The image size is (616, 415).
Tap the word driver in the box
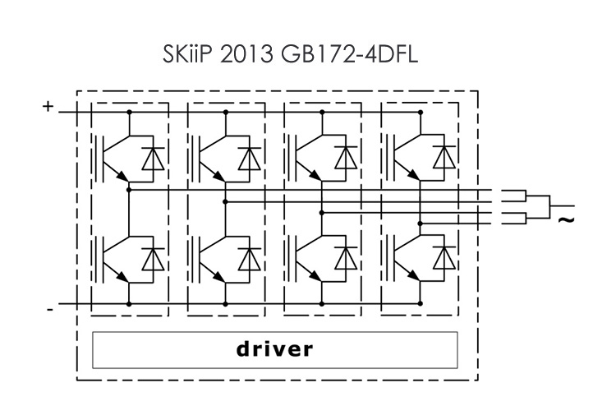(x=274, y=348)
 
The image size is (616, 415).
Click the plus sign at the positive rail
(x=48, y=106)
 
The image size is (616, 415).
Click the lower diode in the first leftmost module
(x=151, y=258)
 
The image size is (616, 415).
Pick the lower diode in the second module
(x=247, y=258)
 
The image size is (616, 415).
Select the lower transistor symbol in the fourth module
(x=405, y=256)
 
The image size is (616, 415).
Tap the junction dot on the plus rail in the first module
(x=129, y=111)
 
